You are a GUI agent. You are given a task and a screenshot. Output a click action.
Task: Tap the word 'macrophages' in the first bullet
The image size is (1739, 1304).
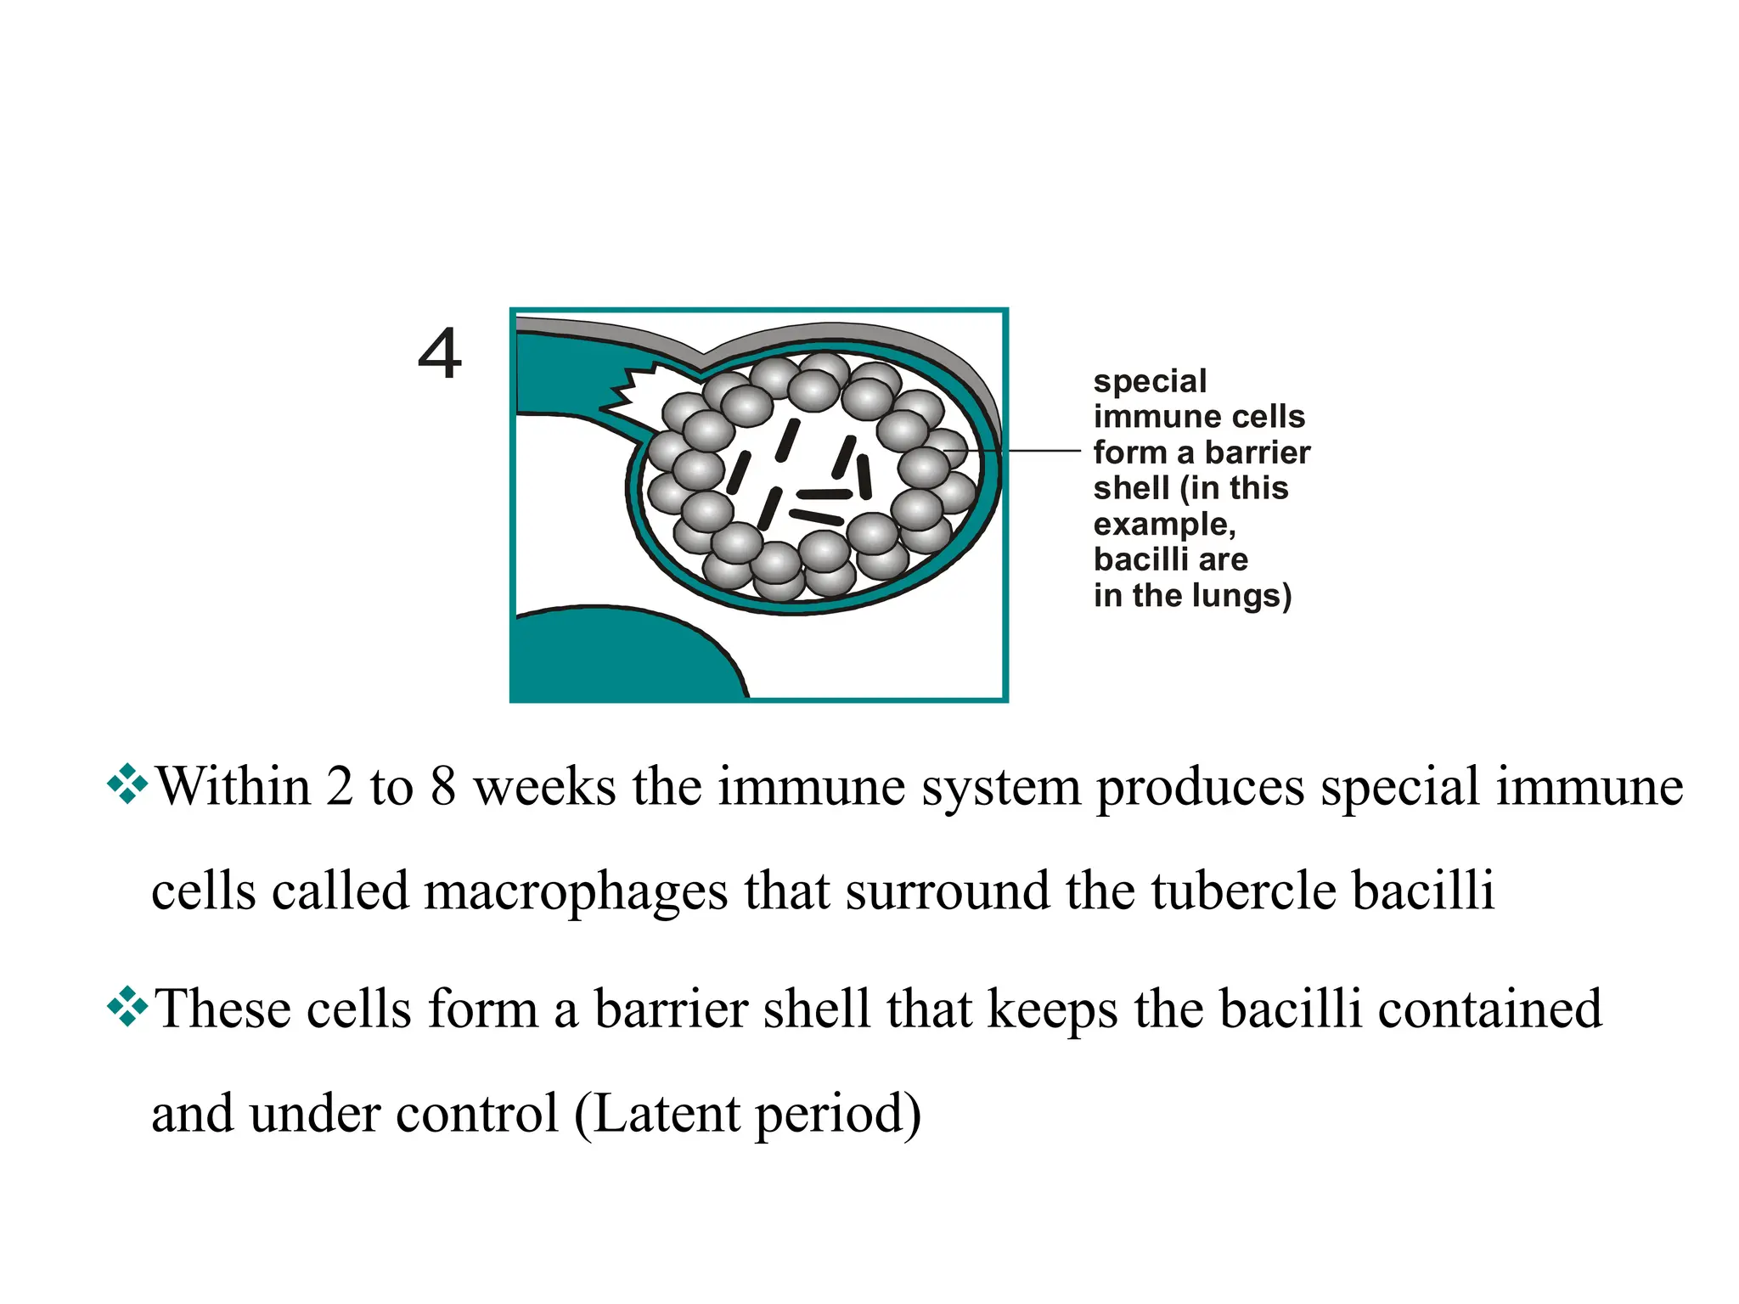[576, 892]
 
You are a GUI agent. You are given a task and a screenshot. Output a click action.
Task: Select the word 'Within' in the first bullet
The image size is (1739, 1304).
[234, 786]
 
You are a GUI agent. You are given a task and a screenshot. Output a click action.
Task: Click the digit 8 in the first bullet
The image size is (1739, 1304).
[443, 786]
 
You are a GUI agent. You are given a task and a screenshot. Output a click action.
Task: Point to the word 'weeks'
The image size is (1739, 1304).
[544, 786]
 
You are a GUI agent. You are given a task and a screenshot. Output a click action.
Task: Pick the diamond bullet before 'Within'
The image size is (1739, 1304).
[127, 784]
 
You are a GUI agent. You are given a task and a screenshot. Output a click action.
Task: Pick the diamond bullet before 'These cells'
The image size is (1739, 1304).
[127, 1007]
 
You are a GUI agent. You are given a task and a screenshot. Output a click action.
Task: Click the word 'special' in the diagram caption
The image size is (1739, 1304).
[1150, 381]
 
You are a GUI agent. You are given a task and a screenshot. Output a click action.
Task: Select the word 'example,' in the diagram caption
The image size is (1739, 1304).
[1164, 525]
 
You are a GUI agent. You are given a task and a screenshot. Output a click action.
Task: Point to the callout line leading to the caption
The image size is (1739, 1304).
[1036, 451]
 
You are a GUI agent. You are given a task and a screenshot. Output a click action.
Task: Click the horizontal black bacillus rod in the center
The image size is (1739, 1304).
[824, 494]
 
